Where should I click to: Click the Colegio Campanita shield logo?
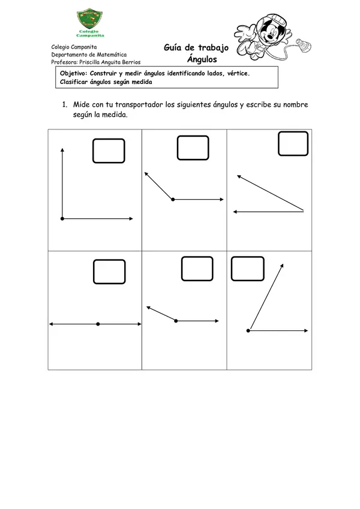click(x=89, y=22)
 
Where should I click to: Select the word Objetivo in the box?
click(x=74, y=73)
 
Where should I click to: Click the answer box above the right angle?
click(x=109, y=150)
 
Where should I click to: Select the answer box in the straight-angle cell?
click(x=109, y=272)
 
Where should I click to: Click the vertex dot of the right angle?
click(x=62, y=219)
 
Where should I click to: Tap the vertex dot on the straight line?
click(x=98, y=324)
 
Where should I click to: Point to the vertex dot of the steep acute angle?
click(x=248, y=330)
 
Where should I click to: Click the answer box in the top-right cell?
click(x=293, y=144)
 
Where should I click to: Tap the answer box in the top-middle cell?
click(x=193, y=147)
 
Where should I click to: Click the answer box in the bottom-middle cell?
click(x=197, y=269)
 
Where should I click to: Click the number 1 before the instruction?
click(x=63, y=104)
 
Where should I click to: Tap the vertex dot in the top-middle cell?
click(x=173, y=199)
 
